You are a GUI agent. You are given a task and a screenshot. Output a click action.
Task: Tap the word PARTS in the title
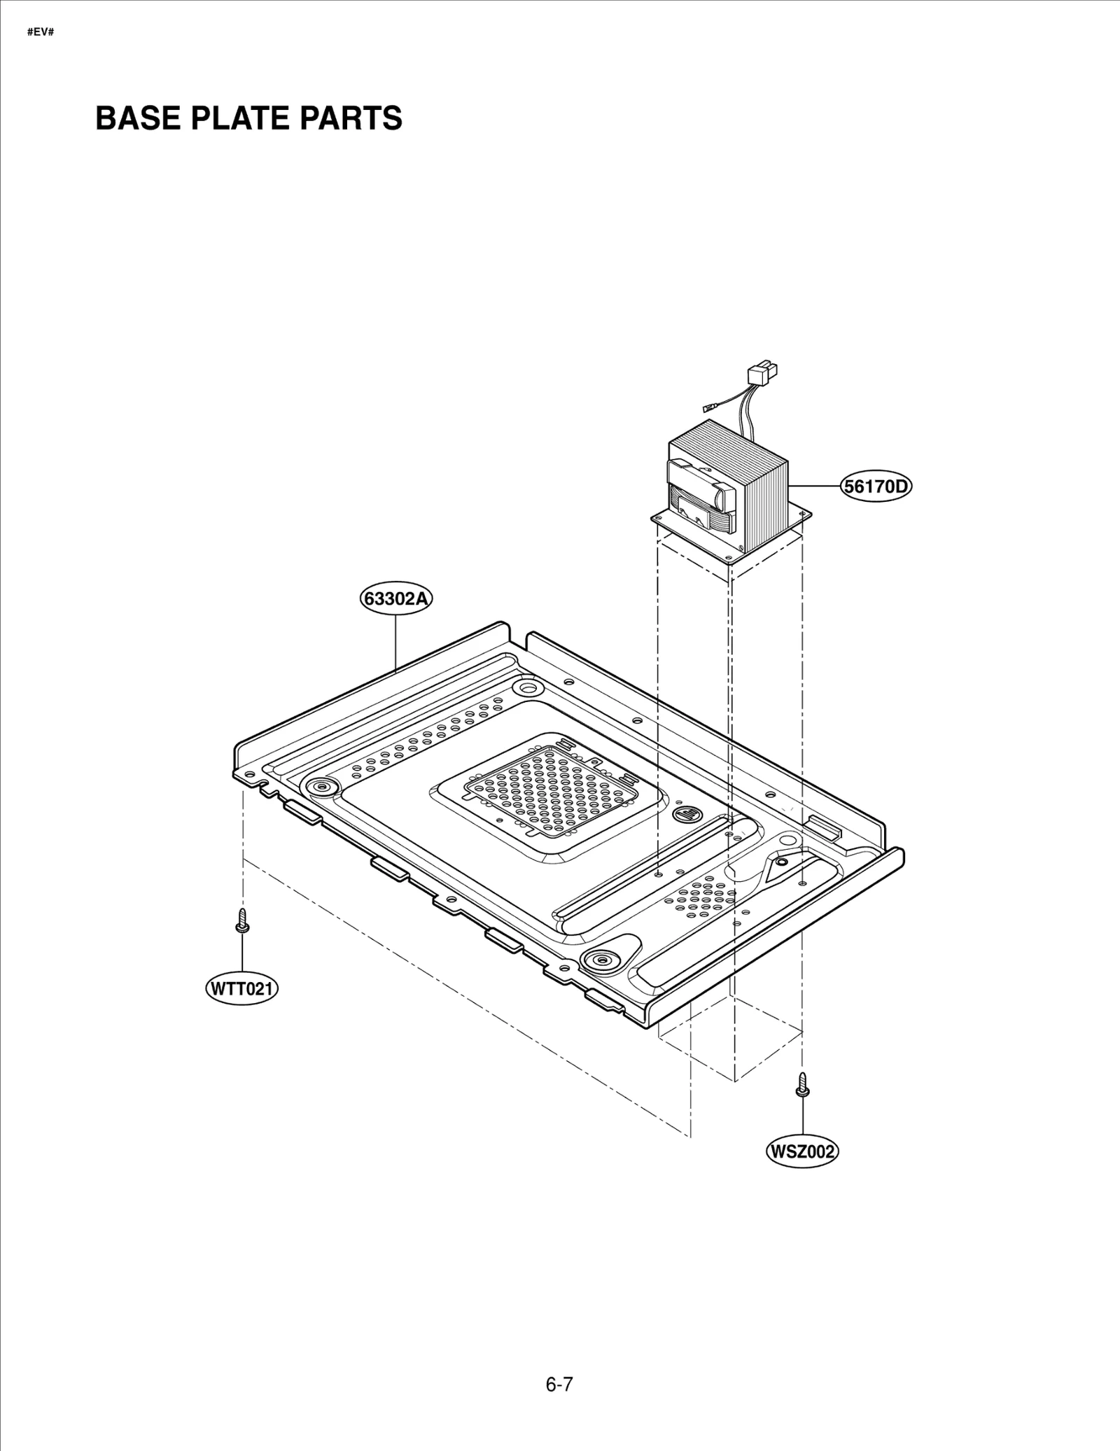pyautogui.click(x=351, y=118)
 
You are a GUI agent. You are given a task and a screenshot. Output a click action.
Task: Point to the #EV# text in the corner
pyautogui.click(x=41, y=32)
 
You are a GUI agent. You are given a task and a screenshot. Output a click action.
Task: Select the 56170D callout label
pyautogui.click(x=876, y=486)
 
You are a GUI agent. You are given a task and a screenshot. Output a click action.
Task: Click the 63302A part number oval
pyautogui.click(x=395, y=598)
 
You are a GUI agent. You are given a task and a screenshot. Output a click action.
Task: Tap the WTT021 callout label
pyautogui.click(x=241, y=989)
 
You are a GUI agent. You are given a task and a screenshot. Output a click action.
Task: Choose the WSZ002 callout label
pyautogui.click(x=802, y=1151)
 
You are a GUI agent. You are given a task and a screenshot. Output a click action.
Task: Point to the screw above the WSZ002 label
pyautogui.click(x=803, y=1086)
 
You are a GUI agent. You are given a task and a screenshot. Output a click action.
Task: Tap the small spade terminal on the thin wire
pyautogui.click(x=709, y=410)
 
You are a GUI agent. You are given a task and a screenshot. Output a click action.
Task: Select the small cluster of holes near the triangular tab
pyautogui.click(x=700, y=898)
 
